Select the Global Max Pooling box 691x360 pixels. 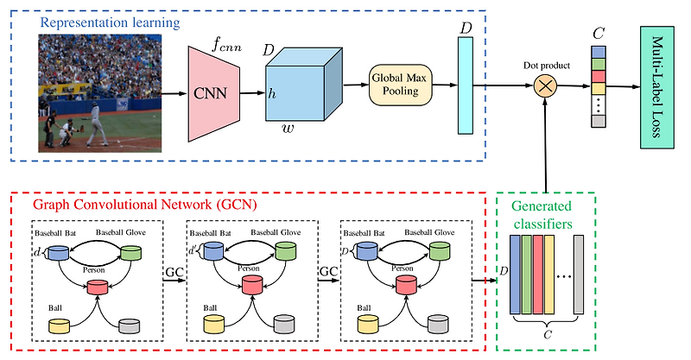pos(400,84)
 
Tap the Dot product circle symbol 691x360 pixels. pos(545,85)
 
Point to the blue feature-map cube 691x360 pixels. pos(299,85)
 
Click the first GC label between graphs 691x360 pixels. pos(174,271)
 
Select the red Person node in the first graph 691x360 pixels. pos(96,286)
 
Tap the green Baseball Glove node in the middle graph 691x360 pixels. pos(287,252)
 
